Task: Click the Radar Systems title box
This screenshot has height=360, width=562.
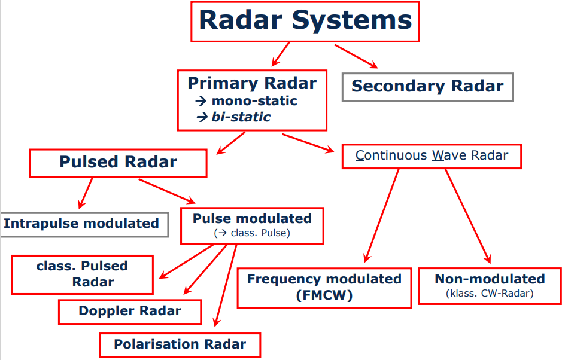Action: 305,21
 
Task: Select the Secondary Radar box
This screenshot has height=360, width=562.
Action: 427,86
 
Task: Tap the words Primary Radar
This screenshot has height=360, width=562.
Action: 252,83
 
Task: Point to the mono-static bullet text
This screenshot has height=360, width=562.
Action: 254,100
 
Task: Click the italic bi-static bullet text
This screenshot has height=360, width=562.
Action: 241,117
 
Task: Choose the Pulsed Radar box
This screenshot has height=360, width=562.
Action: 118,162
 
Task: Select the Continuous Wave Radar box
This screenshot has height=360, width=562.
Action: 432,156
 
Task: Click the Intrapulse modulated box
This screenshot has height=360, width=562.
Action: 82,224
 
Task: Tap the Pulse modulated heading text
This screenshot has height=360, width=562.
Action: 252,219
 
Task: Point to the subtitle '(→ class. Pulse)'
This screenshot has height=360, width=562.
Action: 251,233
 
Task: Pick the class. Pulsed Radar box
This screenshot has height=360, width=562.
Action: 82,274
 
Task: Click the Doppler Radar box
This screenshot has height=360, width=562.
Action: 130,311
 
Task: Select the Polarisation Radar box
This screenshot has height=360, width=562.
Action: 180,344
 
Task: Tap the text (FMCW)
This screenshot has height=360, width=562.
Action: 324,295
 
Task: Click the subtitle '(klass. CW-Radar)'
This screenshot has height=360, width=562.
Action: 490,293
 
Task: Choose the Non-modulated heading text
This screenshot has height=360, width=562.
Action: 490,279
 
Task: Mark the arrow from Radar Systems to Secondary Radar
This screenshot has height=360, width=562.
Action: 356,56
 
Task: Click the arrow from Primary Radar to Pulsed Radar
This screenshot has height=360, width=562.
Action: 230,143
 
